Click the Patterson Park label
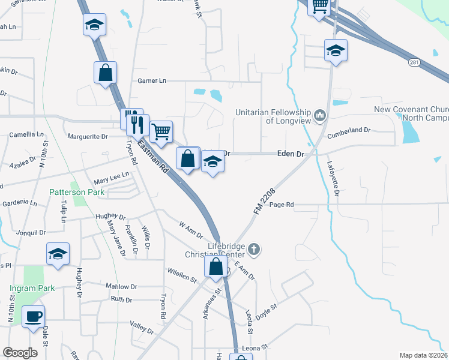coord(77,192)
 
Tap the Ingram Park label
coord(32,288)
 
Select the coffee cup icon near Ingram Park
coord(33,316)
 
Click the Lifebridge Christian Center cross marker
coord(254,249)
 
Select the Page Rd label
coord(282,205)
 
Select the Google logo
coord(20,353)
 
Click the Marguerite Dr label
coord(87,136)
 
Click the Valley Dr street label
coord(142,327)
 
